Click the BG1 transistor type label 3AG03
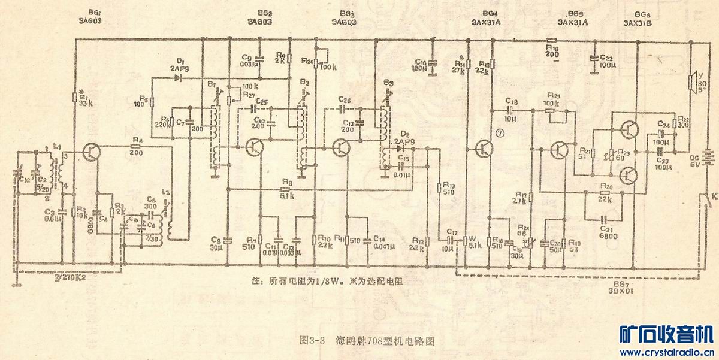click(92, 20)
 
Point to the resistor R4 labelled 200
click(136, 145)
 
